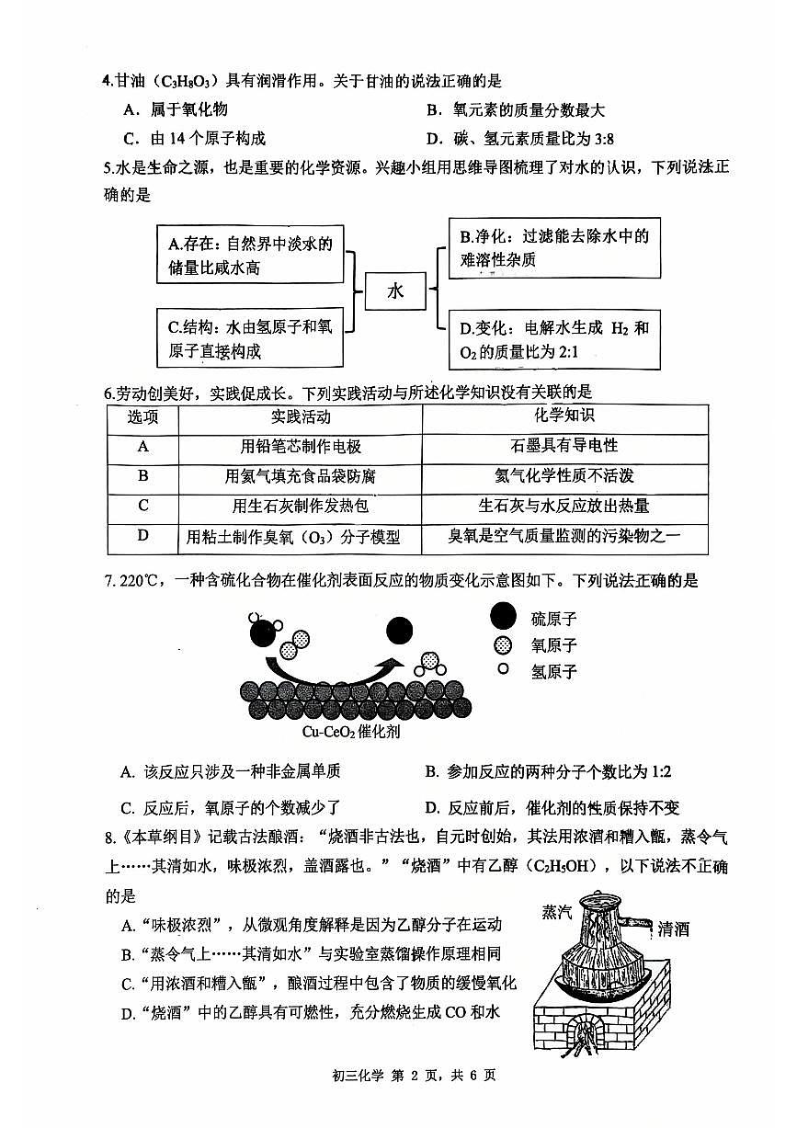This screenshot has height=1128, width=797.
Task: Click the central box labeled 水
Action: pyautogui.click(x=395, y=291)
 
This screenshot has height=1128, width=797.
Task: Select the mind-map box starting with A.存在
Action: pyautogui.click(x=251, y=256)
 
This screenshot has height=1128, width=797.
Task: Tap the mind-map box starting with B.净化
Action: pyautogui.click(x=553, y=248)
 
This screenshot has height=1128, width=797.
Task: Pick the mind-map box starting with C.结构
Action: pyautogui.click(x=251, y=337)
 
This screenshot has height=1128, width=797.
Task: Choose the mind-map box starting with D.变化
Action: pyautogui.click(x=553, y=339)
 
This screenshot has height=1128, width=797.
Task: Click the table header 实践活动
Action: pyautogui.click(x=301, y=417)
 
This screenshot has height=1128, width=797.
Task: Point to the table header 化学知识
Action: pyautogui.click(x=564, y=416)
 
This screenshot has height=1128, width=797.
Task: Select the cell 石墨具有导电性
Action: pyautogui.click(x=564, y=446)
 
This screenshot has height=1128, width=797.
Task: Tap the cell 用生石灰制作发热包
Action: pyautogui.click(x=301, y=506)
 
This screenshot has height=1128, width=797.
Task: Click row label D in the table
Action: pyautogui.click(x=142, y=536)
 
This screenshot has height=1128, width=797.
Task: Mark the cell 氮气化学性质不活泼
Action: pyautogui.click(x=564, y=476)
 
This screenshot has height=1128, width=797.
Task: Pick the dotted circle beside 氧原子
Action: pyautogui.click(x=503, y=644)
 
